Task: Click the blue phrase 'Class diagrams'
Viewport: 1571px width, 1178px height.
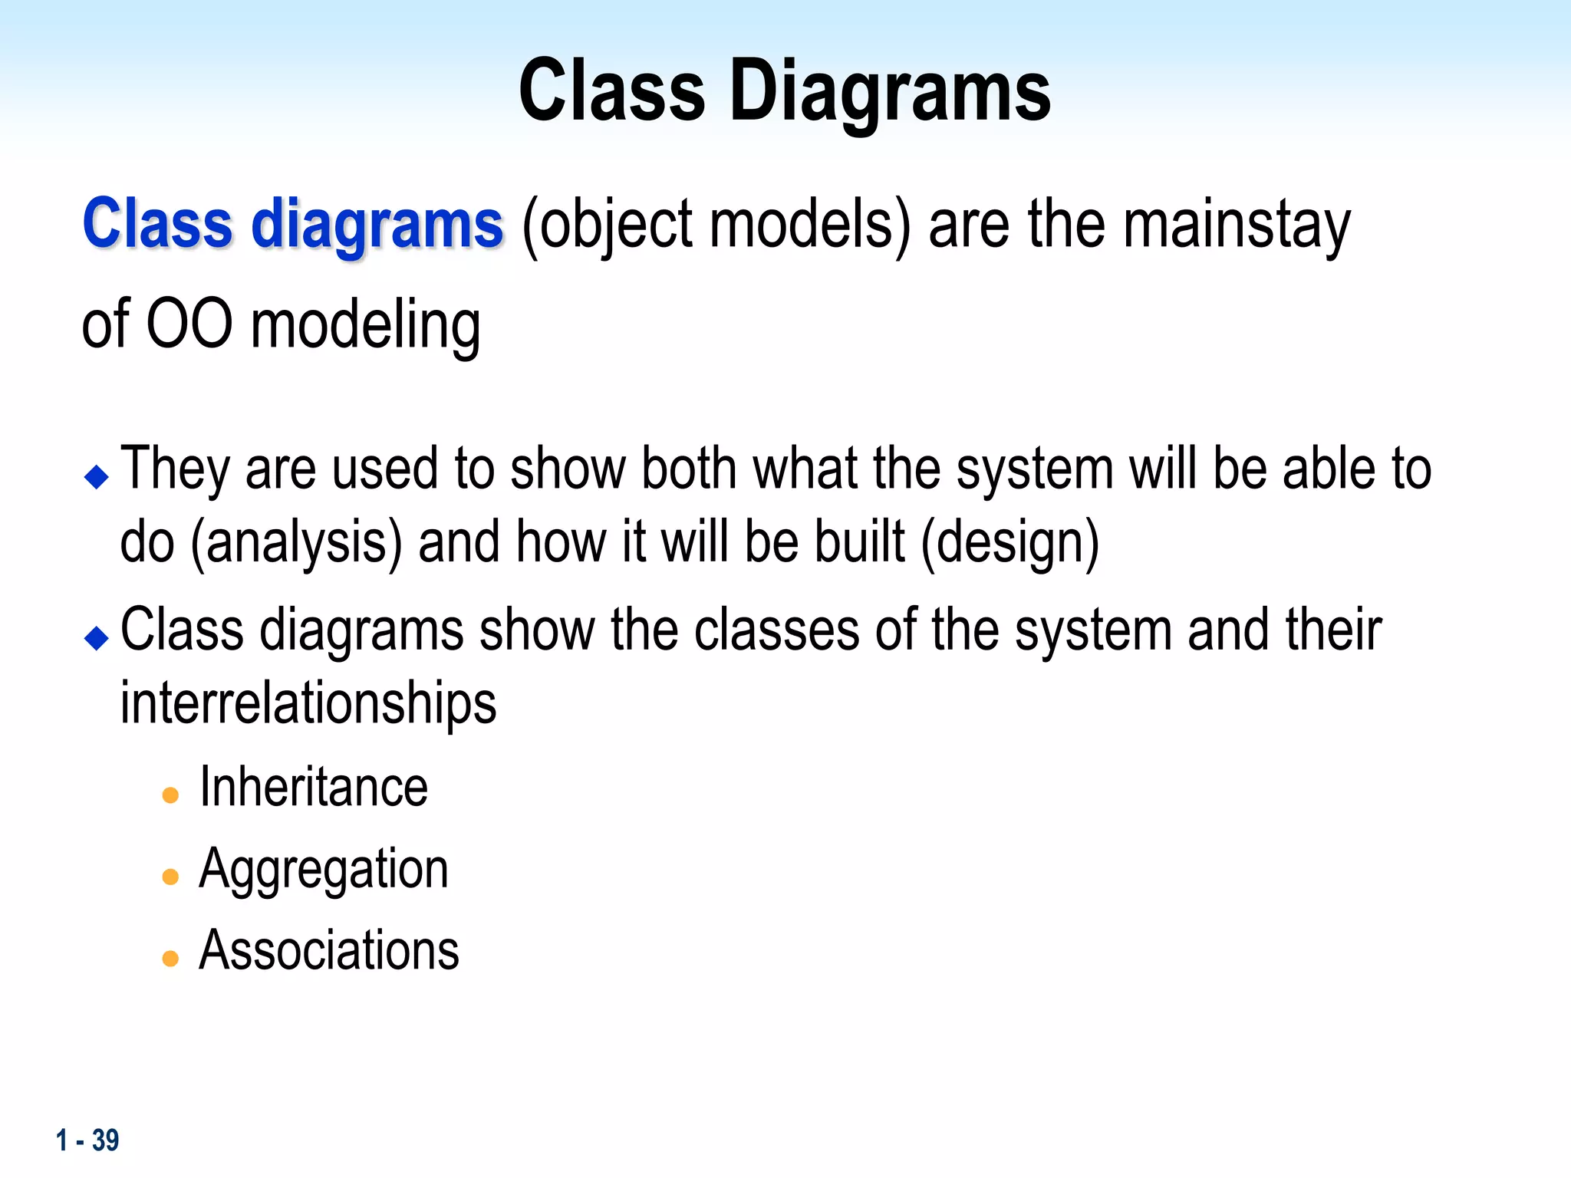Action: point(292,224)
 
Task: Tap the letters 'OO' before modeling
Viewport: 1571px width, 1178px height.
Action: point(189,324)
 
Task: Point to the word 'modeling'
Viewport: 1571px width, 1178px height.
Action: point(366,325)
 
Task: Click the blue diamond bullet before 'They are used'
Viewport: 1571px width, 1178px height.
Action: point(97,476)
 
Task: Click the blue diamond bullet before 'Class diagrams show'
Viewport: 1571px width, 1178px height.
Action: point(97,637)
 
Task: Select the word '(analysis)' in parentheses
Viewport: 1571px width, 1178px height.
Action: point(296,543)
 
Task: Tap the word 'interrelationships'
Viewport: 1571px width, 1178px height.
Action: point(308,703)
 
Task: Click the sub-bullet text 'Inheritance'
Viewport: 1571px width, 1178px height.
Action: point(313,788)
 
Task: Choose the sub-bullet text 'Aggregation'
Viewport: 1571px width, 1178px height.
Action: point(323,870)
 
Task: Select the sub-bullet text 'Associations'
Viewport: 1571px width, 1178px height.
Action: point(328,951)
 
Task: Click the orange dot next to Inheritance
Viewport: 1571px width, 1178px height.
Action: point(170,795)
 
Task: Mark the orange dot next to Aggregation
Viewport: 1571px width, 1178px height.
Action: point(170,877)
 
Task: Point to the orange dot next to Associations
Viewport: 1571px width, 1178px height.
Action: point(170,958)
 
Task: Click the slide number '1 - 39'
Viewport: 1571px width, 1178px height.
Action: point(87,1140)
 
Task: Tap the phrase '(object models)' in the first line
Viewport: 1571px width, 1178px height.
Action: point(716,224)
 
